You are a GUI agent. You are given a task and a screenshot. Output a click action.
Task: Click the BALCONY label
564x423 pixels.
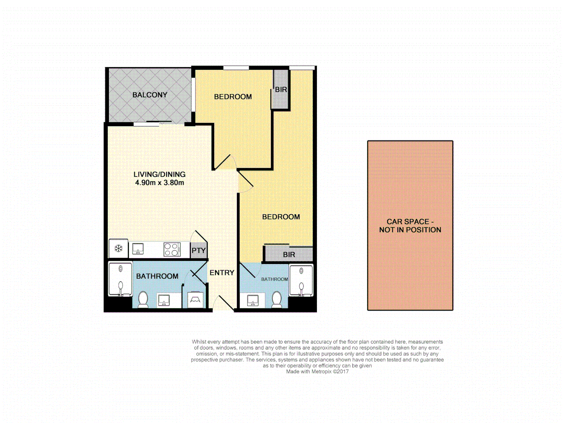150,95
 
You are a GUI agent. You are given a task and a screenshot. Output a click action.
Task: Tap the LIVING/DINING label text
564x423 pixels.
159,174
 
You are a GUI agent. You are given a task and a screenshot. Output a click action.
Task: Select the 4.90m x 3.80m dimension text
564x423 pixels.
159,183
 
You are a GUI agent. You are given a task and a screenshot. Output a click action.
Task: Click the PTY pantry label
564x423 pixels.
199,251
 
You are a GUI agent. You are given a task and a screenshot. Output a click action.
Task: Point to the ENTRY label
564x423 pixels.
222,273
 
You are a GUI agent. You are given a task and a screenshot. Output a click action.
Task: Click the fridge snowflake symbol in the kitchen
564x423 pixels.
118,248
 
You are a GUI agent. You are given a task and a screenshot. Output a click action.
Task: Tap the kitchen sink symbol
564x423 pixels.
138,249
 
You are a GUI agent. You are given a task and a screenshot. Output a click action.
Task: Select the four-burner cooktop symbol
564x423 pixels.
172,249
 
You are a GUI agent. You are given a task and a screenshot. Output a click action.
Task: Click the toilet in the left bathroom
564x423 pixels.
143,299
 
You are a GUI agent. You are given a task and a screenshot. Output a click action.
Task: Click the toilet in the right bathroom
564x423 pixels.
277,299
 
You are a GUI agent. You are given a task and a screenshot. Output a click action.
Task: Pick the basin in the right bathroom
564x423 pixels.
253,300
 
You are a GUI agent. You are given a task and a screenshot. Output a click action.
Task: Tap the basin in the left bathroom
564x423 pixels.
164,300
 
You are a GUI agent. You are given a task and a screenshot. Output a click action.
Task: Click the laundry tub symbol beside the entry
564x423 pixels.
195,300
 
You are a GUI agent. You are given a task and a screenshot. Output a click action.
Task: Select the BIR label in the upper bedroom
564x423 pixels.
281,90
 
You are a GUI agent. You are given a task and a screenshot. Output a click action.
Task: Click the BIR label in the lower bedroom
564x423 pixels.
289,255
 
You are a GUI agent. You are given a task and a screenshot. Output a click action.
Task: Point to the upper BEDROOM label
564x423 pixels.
233,97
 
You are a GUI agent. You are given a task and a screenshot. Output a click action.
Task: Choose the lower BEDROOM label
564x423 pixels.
281,217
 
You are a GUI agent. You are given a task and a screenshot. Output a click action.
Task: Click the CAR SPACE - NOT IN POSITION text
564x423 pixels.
410,226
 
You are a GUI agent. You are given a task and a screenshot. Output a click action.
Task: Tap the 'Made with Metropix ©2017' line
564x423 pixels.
317,372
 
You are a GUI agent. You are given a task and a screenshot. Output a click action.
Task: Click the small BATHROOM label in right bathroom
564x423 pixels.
275,279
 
